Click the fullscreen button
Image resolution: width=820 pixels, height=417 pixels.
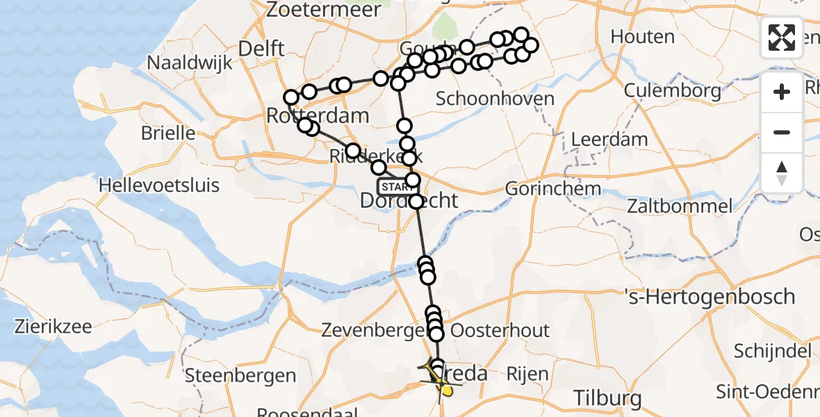click(782, 37)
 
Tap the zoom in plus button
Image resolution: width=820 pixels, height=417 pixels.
click(782, 92)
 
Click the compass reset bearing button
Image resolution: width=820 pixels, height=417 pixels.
click(782, 172)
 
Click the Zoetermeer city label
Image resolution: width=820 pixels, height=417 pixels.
click(323, 10)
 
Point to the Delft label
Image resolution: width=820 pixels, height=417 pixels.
click(261, 48)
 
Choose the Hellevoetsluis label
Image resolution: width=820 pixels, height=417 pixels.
click(159, 186)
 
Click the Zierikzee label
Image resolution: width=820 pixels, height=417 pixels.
click(54, 326)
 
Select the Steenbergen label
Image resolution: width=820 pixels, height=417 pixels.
click(240, 376)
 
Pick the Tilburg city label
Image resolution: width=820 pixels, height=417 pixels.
click(608, 398)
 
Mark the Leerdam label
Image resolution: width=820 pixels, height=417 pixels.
click(609, 139)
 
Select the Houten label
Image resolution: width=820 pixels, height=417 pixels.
click(643, 36)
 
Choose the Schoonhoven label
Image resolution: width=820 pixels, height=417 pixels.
click(495, 99)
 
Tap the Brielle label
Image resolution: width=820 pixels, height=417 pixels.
click(168, 133)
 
